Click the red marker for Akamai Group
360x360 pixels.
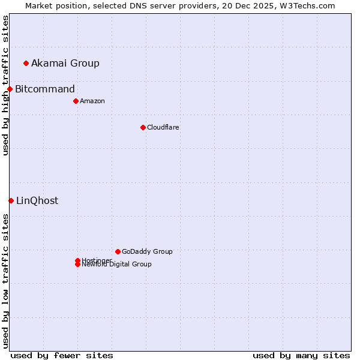point(26,63)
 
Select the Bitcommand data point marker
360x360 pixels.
point(10,89)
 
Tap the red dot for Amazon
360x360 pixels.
point(76,101)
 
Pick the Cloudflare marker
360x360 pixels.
point(143,127)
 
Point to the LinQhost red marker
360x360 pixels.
point(11,200)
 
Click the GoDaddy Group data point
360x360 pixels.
point(118,251)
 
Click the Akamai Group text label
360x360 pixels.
point(65,63)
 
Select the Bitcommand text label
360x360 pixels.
point(45,89)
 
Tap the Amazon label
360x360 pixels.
point(92,101)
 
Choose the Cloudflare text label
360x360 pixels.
point(163,127)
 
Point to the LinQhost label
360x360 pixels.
point(37,200)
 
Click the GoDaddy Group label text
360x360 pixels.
point(147,251)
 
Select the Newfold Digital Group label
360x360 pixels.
point(117,265)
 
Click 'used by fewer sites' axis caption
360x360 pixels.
point(62,355)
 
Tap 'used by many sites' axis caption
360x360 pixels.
point(301,355)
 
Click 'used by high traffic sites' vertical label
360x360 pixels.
point(5,85)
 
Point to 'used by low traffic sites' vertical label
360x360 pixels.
point(5,281)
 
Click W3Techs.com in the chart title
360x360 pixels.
point(305,5)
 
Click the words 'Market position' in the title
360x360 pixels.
point(55,5)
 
